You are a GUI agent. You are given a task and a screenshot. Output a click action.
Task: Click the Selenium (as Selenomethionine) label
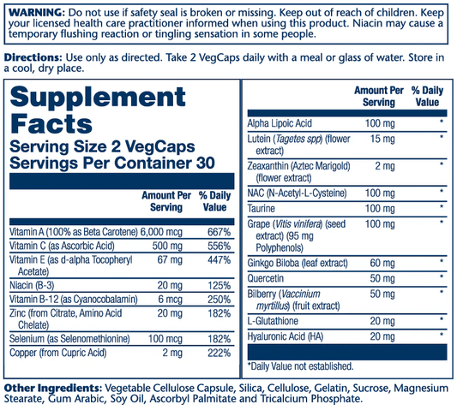(69, 339)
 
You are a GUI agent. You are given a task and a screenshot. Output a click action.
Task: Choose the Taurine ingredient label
(262, 208)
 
